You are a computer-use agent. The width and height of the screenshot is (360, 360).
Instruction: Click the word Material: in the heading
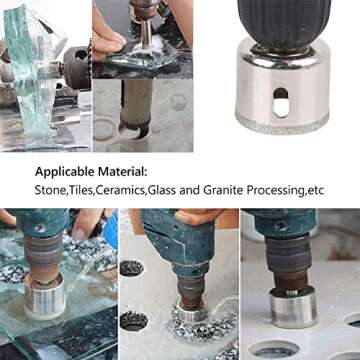(x=122, y=172)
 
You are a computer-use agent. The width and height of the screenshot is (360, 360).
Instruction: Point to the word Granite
(x=223, y=191)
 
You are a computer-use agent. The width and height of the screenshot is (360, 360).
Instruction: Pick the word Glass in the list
(x=162, y=191)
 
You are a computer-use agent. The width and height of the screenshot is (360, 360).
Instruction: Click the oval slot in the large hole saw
(x=281, y=103)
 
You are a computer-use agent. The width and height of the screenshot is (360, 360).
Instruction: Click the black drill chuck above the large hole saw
(x=284, y=23)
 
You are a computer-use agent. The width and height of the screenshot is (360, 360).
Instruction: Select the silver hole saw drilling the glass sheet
(x=45, y=296)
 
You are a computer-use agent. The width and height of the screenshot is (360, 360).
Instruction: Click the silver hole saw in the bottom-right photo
(x=293, y=307)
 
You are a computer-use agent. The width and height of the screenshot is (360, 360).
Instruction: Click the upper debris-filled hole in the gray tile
(x=132, y=268)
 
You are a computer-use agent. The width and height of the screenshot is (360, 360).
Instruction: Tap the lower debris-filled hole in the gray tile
(x=133, y=321)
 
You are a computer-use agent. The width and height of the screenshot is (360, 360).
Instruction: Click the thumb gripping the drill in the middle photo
(x=193, y=216)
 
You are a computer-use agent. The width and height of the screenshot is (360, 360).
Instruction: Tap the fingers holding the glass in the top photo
(x=108, y=40)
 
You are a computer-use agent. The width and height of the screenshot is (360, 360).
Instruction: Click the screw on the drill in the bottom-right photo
(x=280, y=226)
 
